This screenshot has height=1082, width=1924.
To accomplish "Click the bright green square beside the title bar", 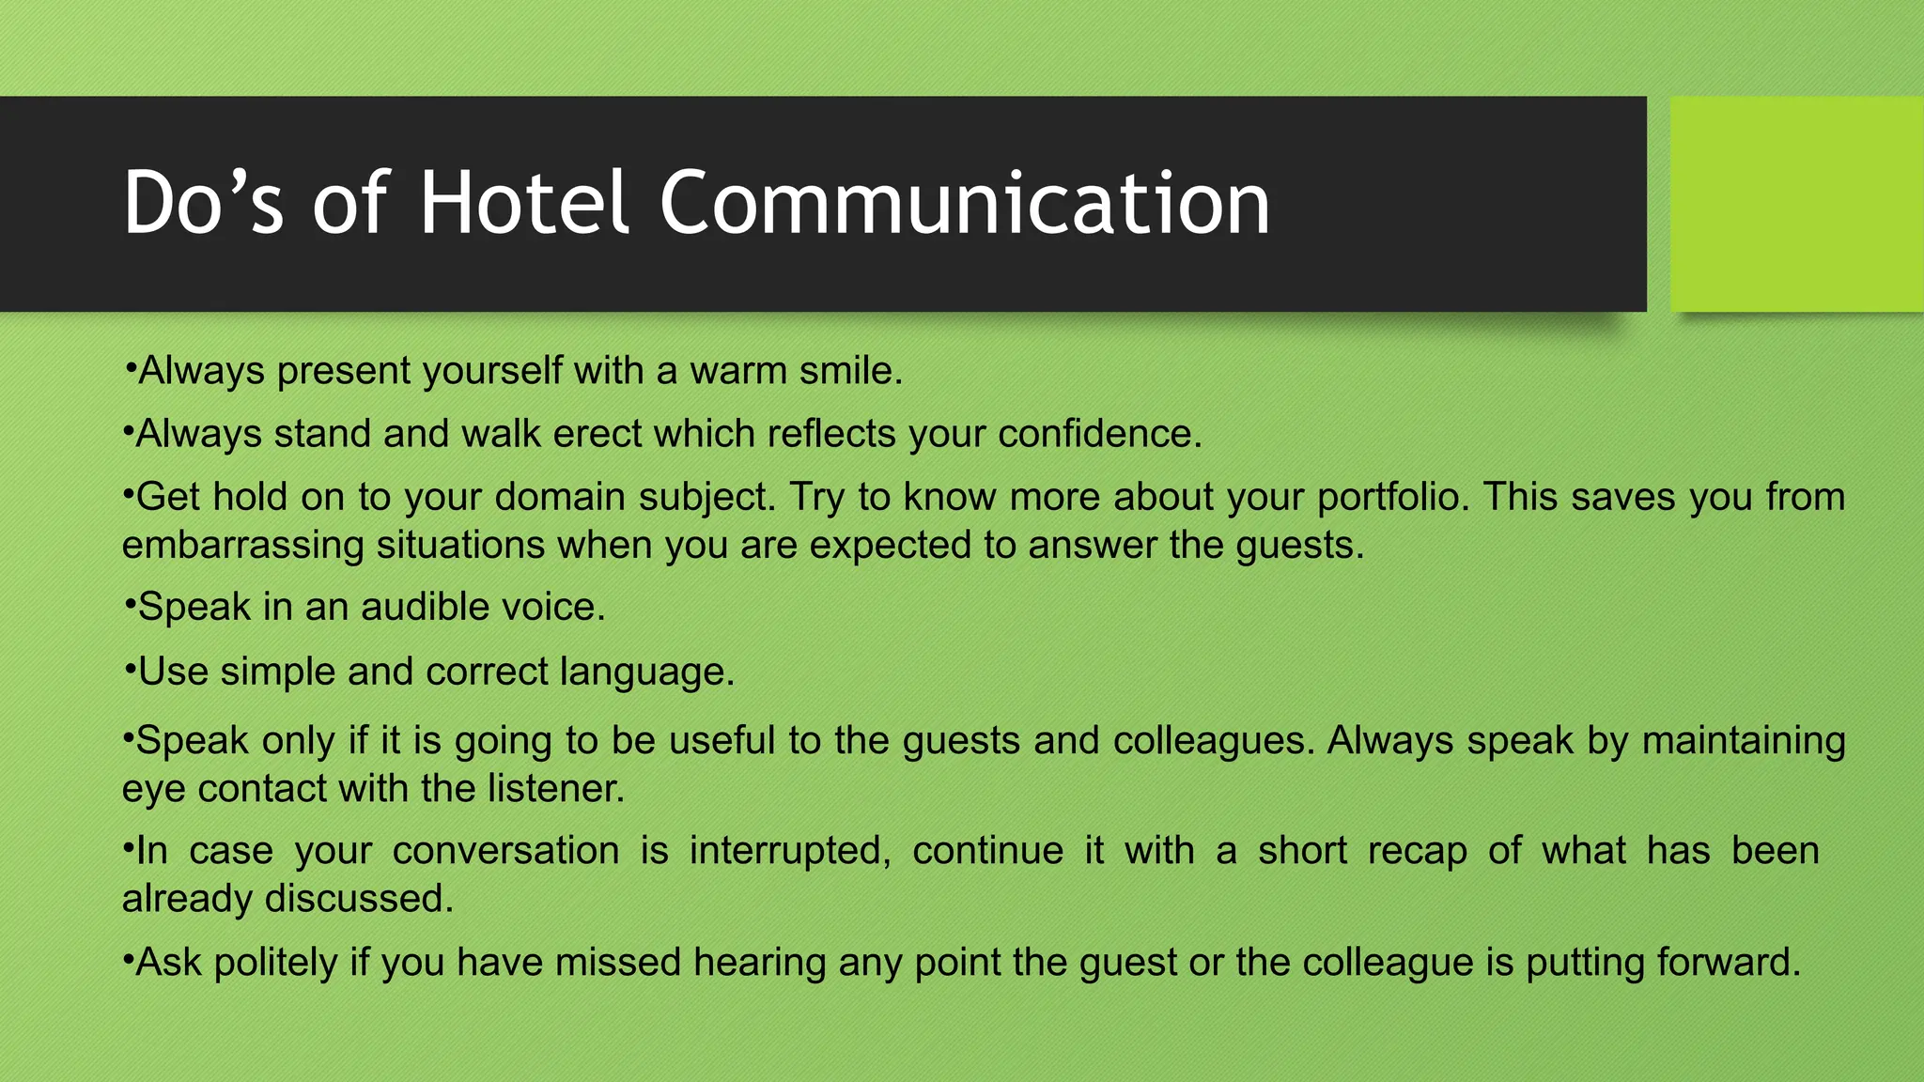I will coord(1796,204).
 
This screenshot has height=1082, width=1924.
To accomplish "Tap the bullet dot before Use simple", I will coord(130,670).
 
